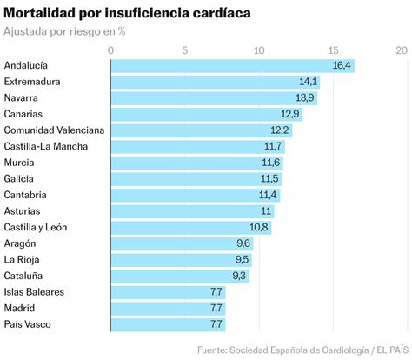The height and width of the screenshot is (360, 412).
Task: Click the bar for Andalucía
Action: tap(232, 65)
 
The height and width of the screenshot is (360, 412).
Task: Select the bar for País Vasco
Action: tap(168, 324)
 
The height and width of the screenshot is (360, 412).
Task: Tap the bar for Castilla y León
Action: tap(190, 227)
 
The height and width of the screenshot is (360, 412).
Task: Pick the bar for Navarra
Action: tap(213, 97)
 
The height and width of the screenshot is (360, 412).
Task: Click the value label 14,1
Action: tap(309, 82)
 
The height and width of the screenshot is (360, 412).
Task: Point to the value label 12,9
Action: tap(290, 114)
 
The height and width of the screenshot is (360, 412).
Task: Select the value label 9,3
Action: tap(239, 276)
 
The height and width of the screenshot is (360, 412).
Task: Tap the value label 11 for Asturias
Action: tap(266, 211)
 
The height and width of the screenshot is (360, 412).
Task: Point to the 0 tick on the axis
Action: tap(111, 50)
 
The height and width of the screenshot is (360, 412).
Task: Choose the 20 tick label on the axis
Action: tap(401, 50)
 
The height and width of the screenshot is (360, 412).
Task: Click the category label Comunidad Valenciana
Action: tap(54, 130)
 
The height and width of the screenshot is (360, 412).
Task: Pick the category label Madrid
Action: tap(21, 308)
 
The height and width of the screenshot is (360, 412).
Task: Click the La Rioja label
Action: tap(23, 259)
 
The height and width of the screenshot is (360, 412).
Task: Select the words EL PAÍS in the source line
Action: tap(389, 350)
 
